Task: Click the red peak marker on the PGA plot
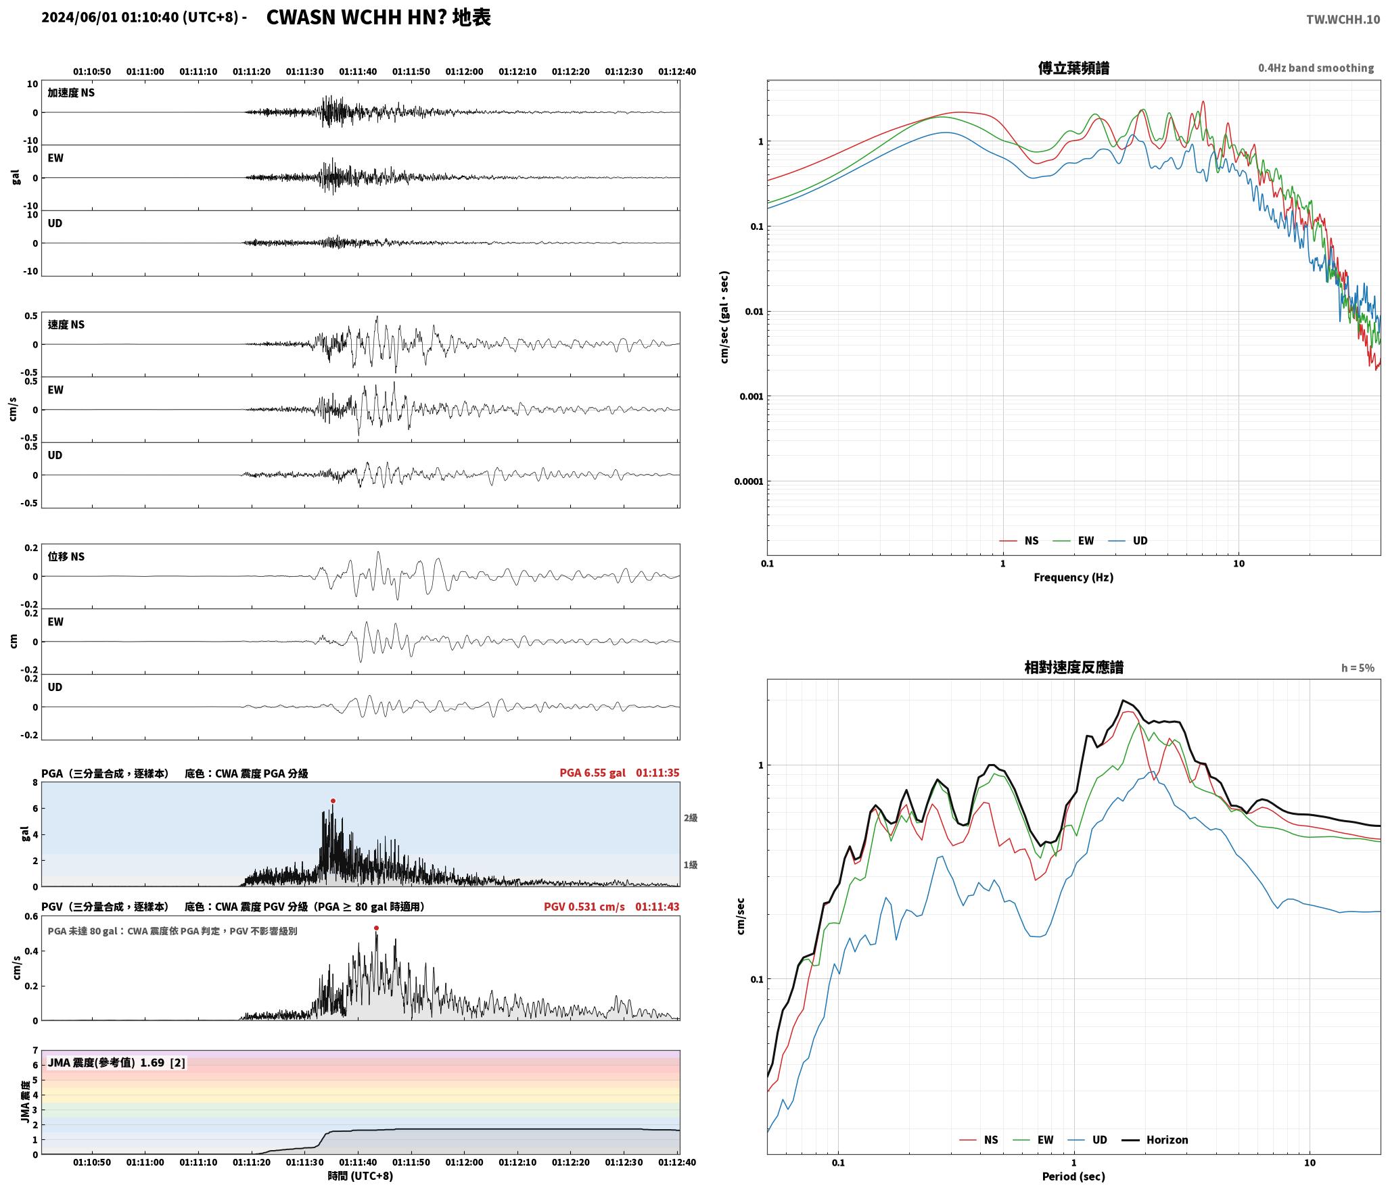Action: pos(333,801)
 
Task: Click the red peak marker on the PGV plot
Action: pos(376,928)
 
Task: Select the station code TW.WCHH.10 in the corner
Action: pos(1343,19)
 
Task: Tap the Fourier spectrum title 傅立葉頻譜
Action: pos(1073,68)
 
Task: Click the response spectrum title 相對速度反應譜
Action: pos(1073,667)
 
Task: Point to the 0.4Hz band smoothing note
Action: pos(1316,68)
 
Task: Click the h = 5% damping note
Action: pos(1358,668)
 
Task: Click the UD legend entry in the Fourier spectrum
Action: pos(1128,540)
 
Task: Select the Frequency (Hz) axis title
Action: pos(1073,577)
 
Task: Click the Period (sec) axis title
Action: pos(1073,1176)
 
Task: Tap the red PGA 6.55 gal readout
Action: pos(593,773)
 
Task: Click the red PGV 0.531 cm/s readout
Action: pos(584,906)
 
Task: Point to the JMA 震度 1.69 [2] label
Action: pos(116,1062)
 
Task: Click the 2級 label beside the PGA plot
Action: pos(690,817)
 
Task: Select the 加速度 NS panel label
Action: pos(71,93)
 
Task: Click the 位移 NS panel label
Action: pos(66,556)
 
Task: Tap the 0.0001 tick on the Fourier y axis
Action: pos(748,481)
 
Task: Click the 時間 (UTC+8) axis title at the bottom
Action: pos(361,1176)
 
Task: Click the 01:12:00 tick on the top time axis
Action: pos(464,71)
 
